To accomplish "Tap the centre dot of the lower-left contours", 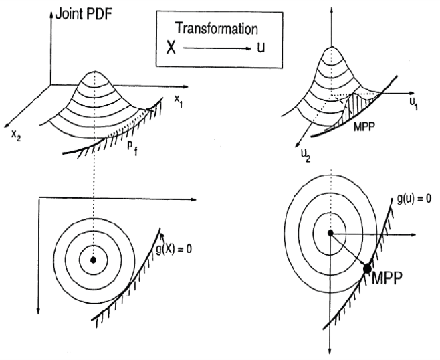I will point(94,259).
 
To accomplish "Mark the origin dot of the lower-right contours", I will point(330,233).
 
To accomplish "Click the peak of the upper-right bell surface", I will point(328,48).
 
